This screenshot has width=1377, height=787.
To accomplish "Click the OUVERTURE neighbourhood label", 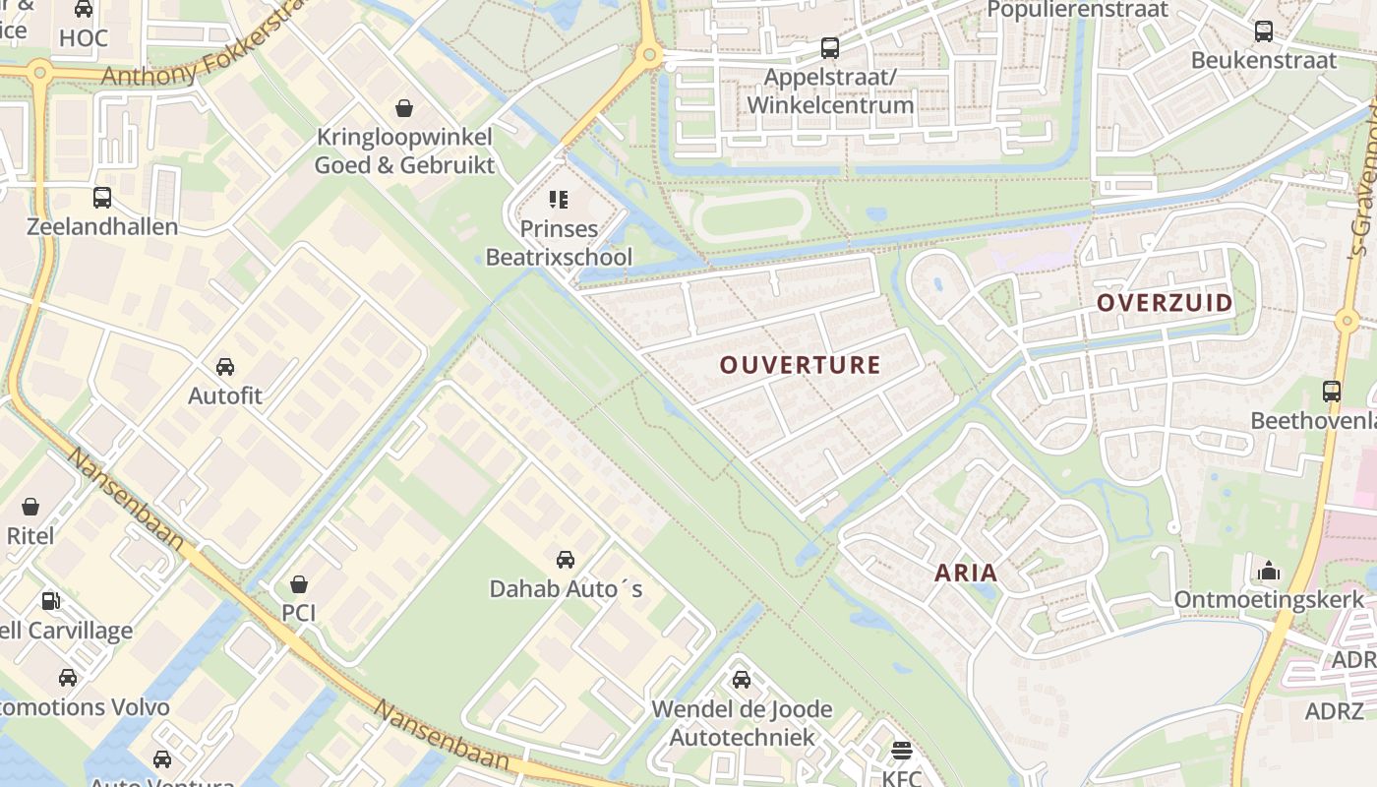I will [800, 365].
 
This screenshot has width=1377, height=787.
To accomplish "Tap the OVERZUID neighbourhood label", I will [1165, 303].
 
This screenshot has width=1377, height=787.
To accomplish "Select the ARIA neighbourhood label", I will [965, 573].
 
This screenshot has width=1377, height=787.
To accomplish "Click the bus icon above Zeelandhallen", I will [102, 198].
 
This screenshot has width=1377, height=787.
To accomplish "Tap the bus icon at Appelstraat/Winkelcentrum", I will [830, 47].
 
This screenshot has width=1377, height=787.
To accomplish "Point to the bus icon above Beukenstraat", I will [1264, 31].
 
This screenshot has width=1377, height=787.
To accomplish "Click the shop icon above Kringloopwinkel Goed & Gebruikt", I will [404, 107].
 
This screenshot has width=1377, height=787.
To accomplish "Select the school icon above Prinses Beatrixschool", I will [559, 201].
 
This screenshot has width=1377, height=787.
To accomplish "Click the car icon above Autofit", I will [225, 367].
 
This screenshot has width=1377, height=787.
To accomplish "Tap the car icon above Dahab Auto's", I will [566, 560].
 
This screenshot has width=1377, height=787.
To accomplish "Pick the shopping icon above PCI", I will [299, 584].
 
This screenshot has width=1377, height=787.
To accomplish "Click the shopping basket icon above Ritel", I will [30, 507].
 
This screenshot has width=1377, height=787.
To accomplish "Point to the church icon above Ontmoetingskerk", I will [1269, 571].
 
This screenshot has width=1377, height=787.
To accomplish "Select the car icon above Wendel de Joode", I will [742, 680].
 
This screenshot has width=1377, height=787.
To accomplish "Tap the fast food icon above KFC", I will [902, 752].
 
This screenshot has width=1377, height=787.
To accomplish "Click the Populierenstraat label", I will [1077, 11].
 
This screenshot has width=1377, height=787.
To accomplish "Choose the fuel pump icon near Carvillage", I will [50, 600].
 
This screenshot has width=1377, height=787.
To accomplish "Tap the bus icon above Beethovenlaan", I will [1332, 392].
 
